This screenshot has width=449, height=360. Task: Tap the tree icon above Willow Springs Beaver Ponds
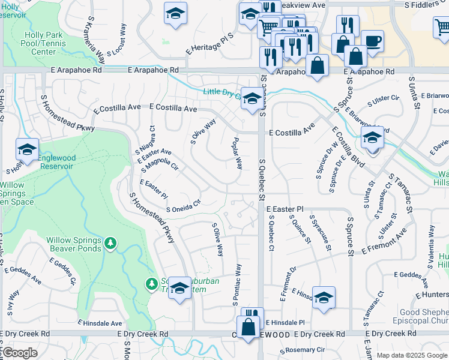click(x=110, y=243)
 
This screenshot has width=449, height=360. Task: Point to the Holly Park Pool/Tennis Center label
click(x=44, y=43)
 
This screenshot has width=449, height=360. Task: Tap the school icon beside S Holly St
click(x=27, y=150)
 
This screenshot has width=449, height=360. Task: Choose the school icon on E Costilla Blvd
click(x=372, y=139)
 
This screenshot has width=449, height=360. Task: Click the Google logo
click(x=20, y=353)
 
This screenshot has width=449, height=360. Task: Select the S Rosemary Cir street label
click(x=305, y=350)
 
